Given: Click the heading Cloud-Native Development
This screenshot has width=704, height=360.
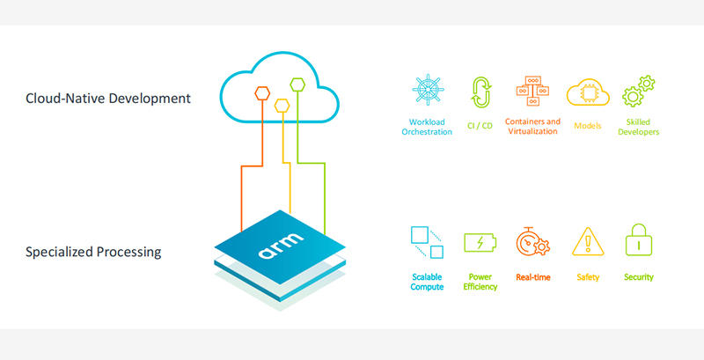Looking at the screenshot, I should (108, 99).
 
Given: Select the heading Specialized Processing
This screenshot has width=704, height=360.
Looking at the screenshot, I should (93, 252).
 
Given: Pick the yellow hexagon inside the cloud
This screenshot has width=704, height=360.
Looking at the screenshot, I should (282, 105).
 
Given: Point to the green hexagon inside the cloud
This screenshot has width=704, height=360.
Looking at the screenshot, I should (297, 85).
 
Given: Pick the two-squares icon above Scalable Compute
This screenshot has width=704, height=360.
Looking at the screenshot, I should (427, 242).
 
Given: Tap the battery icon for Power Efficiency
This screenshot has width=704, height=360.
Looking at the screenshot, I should (480, 242).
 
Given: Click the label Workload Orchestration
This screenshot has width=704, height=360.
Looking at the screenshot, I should (429, 127).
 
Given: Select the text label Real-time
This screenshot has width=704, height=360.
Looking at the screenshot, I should (533, 277).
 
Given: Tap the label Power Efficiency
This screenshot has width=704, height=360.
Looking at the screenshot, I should (480, 282).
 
